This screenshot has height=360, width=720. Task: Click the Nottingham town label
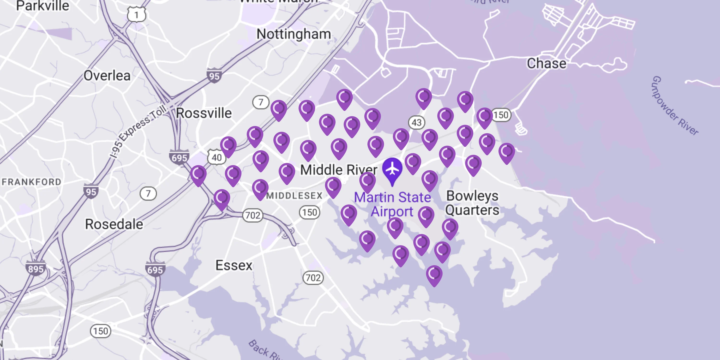pos(294,34)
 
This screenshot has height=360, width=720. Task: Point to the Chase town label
pos(546,63)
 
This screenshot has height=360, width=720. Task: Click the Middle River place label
pos(338,170)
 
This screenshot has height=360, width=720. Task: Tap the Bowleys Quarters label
pos(472,203)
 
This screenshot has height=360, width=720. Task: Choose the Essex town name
pos(234,265)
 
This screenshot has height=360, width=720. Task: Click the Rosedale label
pos(114,224)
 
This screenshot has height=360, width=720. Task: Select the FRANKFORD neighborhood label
pos(31,182)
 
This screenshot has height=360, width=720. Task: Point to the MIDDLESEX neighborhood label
pos(294,196)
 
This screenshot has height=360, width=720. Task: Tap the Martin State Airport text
pos(392,204)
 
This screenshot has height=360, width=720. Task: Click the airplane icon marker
pos(392,168)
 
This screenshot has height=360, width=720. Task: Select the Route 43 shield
pos(416,122)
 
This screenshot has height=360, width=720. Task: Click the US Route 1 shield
pos(136,15)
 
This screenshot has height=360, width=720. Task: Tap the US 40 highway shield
pos(216,157)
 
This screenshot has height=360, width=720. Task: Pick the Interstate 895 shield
pos(36,269)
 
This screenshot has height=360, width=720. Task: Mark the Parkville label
pos(42,6)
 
